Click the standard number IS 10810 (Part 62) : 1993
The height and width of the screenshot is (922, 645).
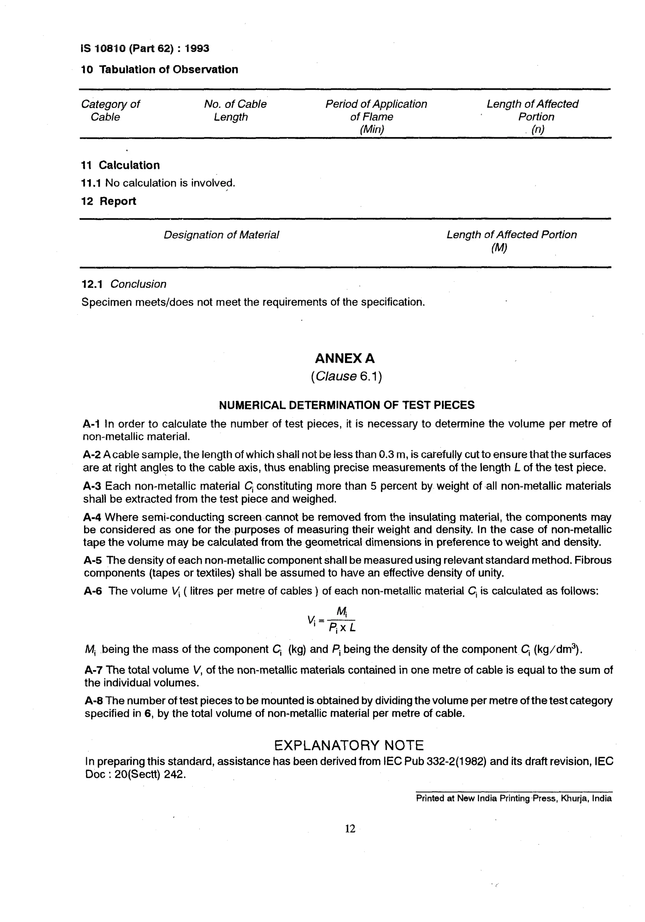145,48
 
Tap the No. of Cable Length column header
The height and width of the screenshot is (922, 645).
235,111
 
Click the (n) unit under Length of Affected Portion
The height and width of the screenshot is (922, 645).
538,130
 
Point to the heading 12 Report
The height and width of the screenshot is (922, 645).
108,201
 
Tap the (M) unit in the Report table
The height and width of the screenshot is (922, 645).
499,248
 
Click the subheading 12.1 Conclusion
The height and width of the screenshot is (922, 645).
124,284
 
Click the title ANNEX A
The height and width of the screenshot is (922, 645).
345,358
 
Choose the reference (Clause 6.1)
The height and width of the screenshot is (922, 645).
346,376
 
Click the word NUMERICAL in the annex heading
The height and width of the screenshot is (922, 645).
252,405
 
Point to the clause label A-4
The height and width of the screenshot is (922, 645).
92,517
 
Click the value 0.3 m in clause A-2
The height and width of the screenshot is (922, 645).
392,455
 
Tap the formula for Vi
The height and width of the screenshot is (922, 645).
332,620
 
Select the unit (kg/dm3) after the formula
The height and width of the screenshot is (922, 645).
557,649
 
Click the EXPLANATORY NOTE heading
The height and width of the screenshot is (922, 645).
349,746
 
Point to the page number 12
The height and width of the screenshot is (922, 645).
350,828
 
